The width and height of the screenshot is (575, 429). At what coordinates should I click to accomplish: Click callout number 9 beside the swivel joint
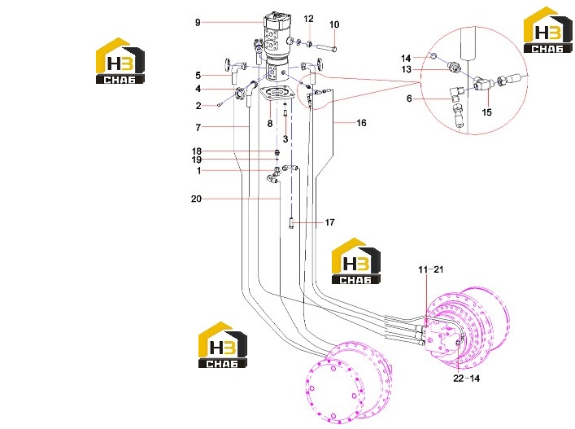(198, 23)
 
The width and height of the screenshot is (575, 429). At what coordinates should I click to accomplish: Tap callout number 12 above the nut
(309, 19)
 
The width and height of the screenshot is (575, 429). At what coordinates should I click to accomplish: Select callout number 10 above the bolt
(334, 24)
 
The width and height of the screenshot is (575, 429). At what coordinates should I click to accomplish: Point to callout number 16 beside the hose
(361, 123)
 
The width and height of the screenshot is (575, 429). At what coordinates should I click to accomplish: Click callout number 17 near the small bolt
(329, 222)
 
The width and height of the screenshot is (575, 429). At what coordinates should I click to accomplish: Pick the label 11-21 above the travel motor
(431, 269)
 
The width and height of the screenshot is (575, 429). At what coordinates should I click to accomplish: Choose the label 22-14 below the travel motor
(467, 379)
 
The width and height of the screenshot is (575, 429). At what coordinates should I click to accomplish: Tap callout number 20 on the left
(196, 199)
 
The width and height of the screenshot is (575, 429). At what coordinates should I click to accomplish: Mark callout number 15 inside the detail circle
(486, 112)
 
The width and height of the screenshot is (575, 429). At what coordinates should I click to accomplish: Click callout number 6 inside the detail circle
(409, 98)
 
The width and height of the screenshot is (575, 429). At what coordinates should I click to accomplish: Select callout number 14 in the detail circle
(406, 59)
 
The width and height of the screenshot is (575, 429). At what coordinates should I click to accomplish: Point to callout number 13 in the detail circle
(406, 69)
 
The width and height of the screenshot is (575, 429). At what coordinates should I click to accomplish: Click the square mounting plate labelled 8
(277, 93)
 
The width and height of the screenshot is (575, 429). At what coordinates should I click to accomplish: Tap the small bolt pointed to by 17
(291, 223)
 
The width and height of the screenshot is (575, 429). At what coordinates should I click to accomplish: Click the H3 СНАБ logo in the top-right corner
(548, 30)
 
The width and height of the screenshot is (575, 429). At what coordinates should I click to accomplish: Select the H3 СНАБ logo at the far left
(120, 61)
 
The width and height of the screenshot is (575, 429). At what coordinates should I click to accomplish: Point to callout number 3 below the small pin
(285, 139)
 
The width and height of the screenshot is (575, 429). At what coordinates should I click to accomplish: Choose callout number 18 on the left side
(197, 151)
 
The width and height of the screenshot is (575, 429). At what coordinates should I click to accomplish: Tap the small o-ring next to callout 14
(433, 56)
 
